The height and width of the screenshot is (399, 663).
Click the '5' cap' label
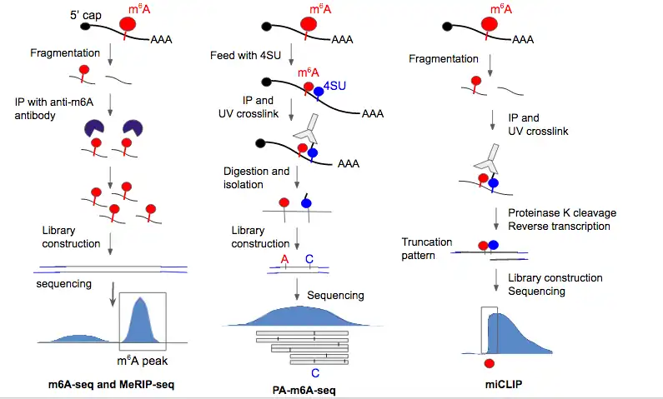[x=86, y=15]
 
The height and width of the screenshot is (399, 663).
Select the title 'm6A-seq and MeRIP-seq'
[x=111, y=384]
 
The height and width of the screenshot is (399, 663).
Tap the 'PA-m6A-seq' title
[x=304, y=390]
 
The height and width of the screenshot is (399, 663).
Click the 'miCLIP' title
[x=504, y=384]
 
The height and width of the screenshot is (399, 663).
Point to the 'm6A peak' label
[x=142, y=361]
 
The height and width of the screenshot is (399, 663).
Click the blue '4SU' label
[x=334, y=86]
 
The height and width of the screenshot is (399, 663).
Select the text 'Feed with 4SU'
[x=245, y=55]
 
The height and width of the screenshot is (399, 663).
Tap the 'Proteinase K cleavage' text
[x=562, y=212]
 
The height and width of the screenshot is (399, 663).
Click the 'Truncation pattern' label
[x=426, y=249]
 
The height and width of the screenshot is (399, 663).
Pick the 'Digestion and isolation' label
[x=256, y=177]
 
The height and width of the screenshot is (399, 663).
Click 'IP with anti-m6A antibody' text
[x=53, y=108]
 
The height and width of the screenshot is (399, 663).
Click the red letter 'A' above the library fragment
[x=284, y=259]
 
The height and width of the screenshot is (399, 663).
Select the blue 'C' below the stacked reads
[x=315, y=373]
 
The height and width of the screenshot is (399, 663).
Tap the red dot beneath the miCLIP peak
[x=490, y=363]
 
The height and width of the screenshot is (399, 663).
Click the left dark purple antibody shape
[x=94, y=128]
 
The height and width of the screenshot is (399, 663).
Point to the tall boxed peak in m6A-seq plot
[x=140, y=320]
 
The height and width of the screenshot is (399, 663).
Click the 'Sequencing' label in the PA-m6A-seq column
[x=335, y=295]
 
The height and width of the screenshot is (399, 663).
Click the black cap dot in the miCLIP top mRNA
[x=447, y=27]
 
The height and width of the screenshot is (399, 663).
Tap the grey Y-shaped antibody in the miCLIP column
[x=488, y=160]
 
